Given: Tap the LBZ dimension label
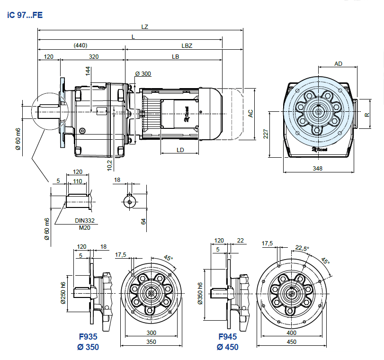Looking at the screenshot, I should tap(186, 45).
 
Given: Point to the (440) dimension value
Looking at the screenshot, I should tap(80, 45).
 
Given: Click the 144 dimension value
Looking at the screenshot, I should tap(88, 71).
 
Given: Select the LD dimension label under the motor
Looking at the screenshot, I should tap(180, 150).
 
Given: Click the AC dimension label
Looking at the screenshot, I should tap(251, 113).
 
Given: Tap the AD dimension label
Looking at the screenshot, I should tap(339, 63).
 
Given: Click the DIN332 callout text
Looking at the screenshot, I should tap(85, 220).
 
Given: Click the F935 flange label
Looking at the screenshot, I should tap(88, 337).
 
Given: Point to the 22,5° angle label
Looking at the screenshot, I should tap(302, 248).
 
